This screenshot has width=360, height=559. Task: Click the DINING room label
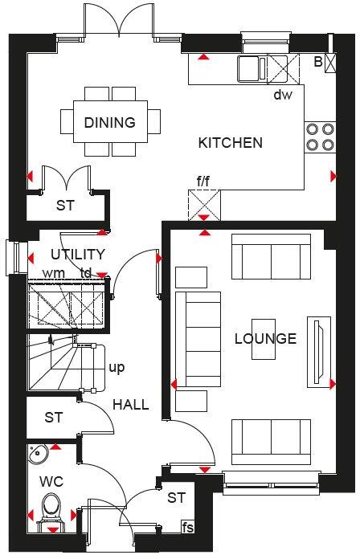coord(109,123)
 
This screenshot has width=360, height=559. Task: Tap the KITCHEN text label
coord(231,143)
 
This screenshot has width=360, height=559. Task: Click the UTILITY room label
coord(78,255)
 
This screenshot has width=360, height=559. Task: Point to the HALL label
coord(130,404)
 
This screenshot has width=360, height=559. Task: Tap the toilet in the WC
coord(52,509)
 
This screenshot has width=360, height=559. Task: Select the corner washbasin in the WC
coord(37,455)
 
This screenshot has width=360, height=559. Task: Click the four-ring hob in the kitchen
coord(319,137)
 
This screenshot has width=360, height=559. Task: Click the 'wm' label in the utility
coord(53,273)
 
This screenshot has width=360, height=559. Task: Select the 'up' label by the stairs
coord(117,368)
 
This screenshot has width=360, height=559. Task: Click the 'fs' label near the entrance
coord(188,528)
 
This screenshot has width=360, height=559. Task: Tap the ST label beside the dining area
coord(65,206)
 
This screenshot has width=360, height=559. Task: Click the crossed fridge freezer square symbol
coord(204,202)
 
